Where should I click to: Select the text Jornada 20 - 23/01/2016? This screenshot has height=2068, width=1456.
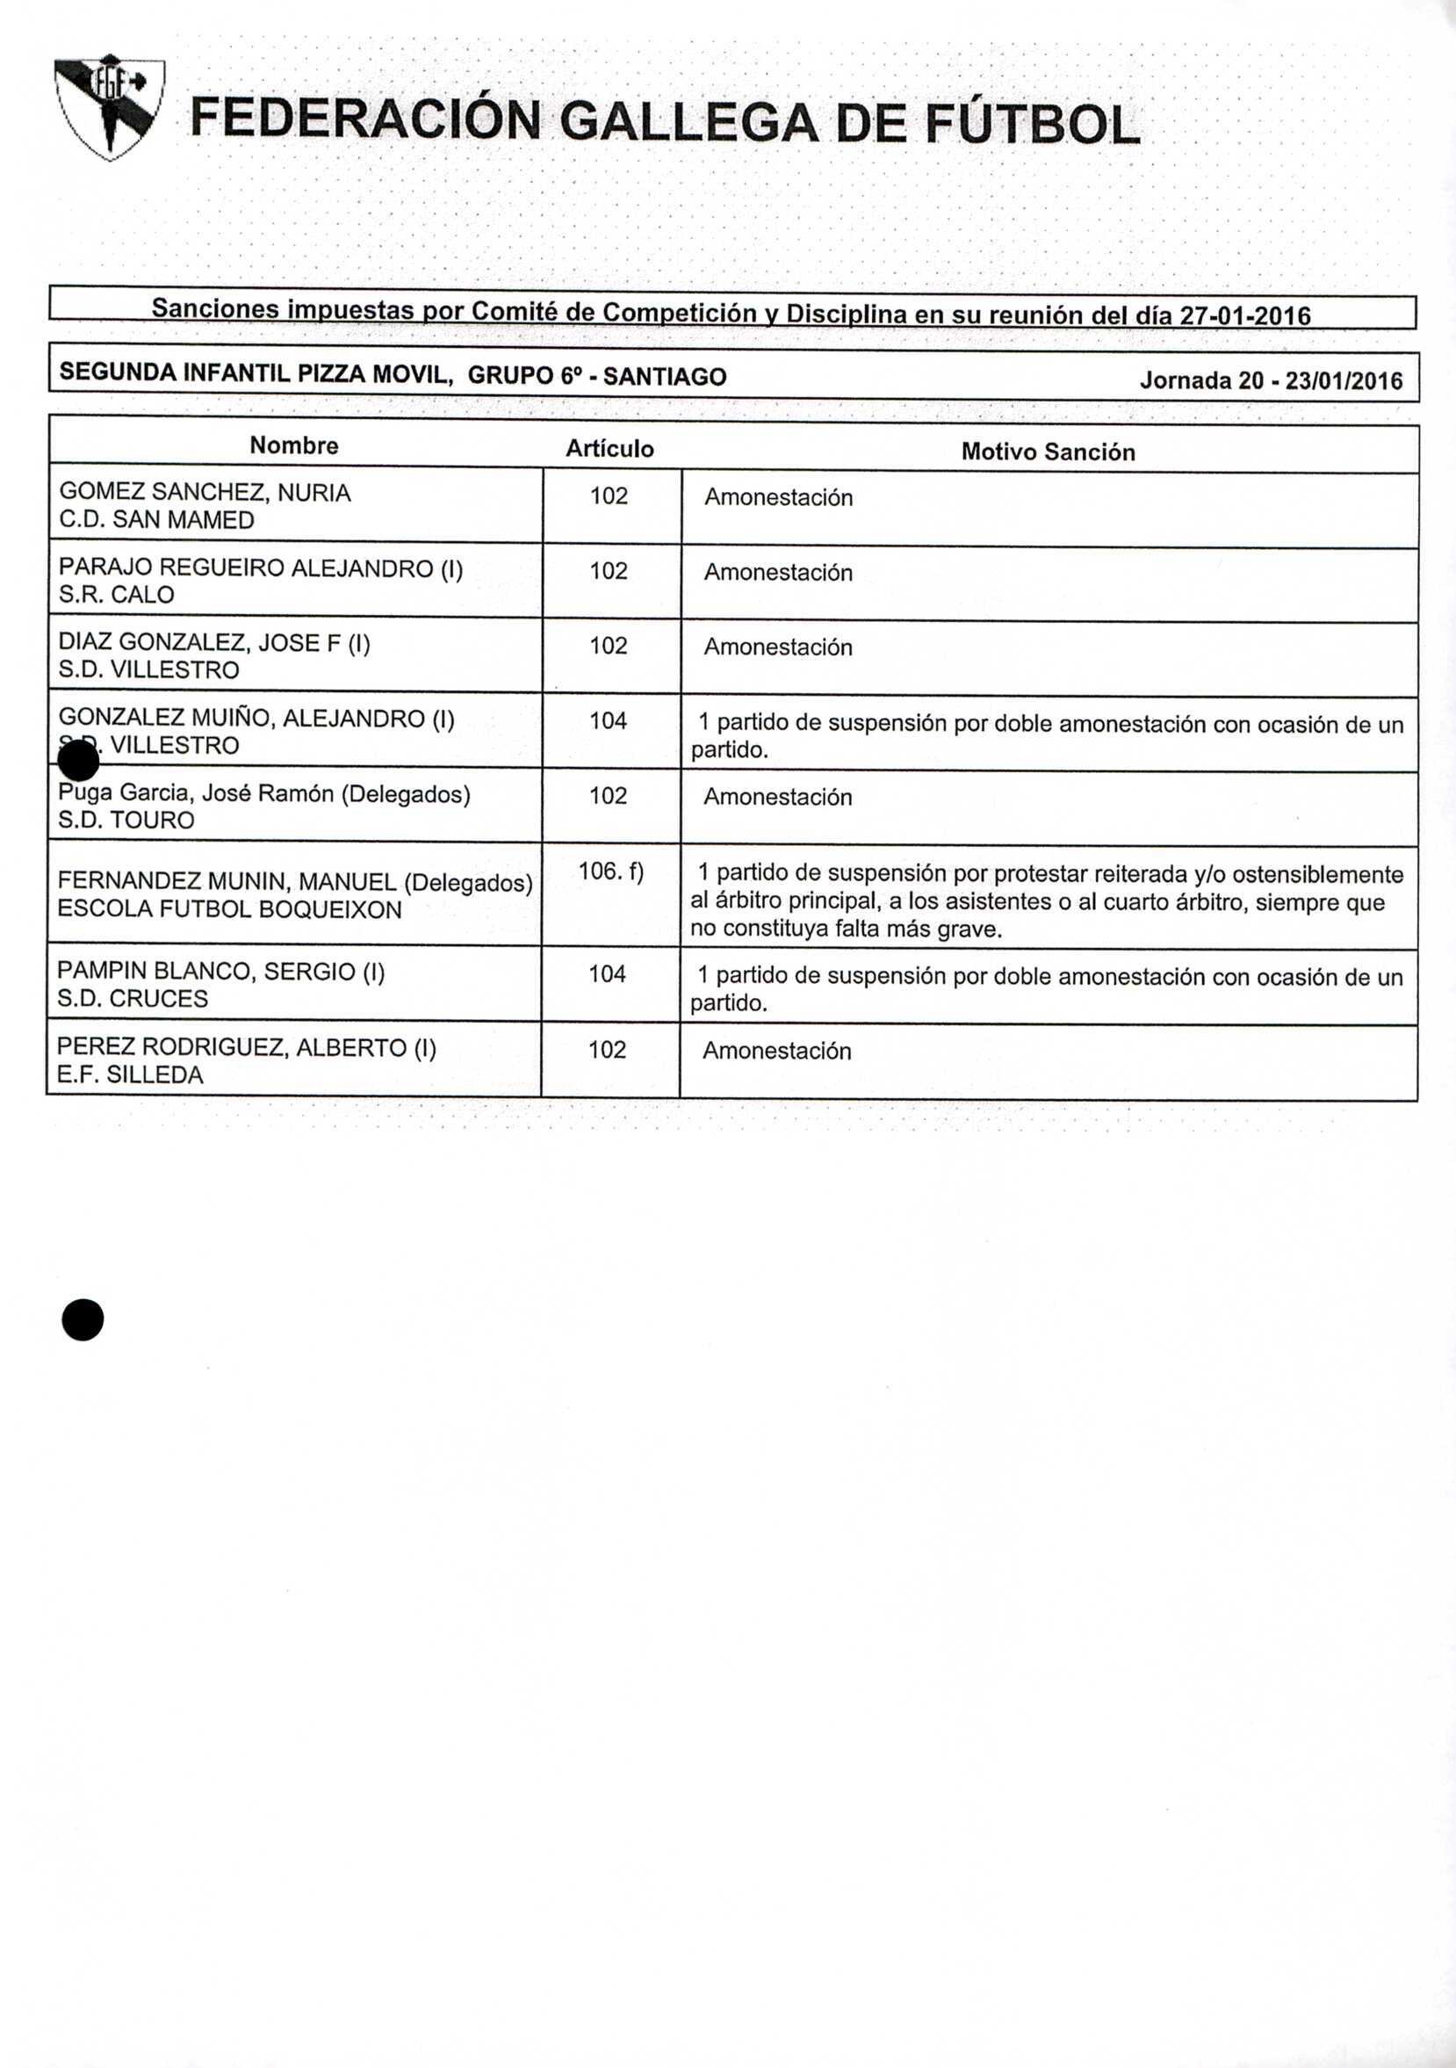[1271, 380]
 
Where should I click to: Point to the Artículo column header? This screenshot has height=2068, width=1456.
[609, 449]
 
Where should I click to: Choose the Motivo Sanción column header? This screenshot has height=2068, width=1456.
[1049, 452]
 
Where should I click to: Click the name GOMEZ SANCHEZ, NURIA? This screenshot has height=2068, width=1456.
[205, 493]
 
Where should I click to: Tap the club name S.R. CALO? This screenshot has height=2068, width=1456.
[116, 595]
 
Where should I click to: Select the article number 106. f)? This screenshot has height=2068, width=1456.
[610, 871]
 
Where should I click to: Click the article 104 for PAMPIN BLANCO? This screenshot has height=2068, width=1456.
[607, 973]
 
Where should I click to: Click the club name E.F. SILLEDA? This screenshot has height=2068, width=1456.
[130, 1074]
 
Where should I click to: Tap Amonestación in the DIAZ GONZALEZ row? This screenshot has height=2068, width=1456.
[778, 647]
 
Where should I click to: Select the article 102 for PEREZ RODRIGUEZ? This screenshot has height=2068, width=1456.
[607, 1049]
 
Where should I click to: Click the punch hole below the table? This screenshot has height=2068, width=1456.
[83, 1320]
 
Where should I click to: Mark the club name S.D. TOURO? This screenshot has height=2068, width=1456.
[126, 820]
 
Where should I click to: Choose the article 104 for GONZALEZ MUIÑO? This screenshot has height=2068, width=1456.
[608, 720]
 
